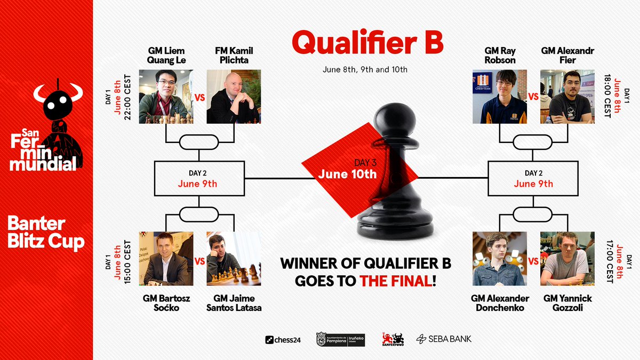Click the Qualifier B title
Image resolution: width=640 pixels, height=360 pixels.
tap(367, 42)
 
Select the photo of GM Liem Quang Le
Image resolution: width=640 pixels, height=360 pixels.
tap(166, 97)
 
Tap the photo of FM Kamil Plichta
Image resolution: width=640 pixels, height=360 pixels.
tap(234, 97)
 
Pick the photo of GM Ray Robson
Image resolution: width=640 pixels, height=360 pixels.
tap(500, 97)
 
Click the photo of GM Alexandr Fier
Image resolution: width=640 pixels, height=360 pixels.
tap(567, 97)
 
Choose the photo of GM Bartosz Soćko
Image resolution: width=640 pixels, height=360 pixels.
tap(166, 259)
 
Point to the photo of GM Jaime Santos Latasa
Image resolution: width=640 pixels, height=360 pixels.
tap(234, 259)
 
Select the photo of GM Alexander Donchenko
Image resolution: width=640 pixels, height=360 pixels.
tap(500, 259)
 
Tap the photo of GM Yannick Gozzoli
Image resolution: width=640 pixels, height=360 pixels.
tap(567, 259)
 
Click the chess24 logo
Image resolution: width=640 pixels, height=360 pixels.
tap(283, 340)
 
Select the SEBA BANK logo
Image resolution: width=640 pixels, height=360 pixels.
tap(444, 339)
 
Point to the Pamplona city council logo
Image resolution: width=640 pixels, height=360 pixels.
tap(341, 339)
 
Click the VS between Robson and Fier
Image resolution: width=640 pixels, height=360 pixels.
tap(533, 97)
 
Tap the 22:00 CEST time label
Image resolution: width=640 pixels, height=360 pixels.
tap(127, 98)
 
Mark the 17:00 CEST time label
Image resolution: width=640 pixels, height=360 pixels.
tap(610, 262)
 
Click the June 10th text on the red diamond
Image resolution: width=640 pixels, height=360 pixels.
tap(347, 174)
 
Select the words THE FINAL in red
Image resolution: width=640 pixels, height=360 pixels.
tap(396, 281)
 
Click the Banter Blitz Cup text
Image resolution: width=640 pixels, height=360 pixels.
tap(46, 231)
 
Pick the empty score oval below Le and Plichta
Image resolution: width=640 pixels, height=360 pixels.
tap(199, 142)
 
